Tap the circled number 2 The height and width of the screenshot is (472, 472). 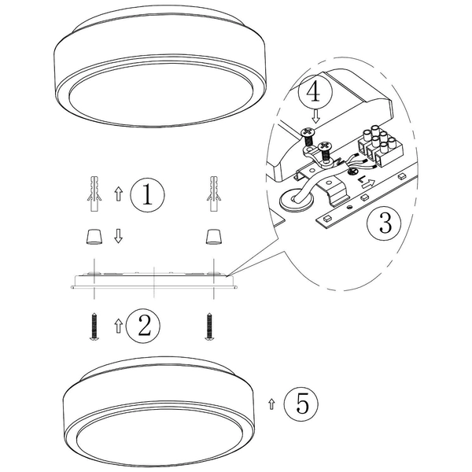(x=143, y=324)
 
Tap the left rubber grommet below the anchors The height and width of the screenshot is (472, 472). (x=92, y=236)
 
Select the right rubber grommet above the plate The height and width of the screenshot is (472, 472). (x=212, y=236)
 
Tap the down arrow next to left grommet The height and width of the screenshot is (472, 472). (x=119, y=236)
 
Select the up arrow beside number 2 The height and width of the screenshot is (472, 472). (x=118, y=324)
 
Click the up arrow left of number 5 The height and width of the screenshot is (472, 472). (x=271, y=404)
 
